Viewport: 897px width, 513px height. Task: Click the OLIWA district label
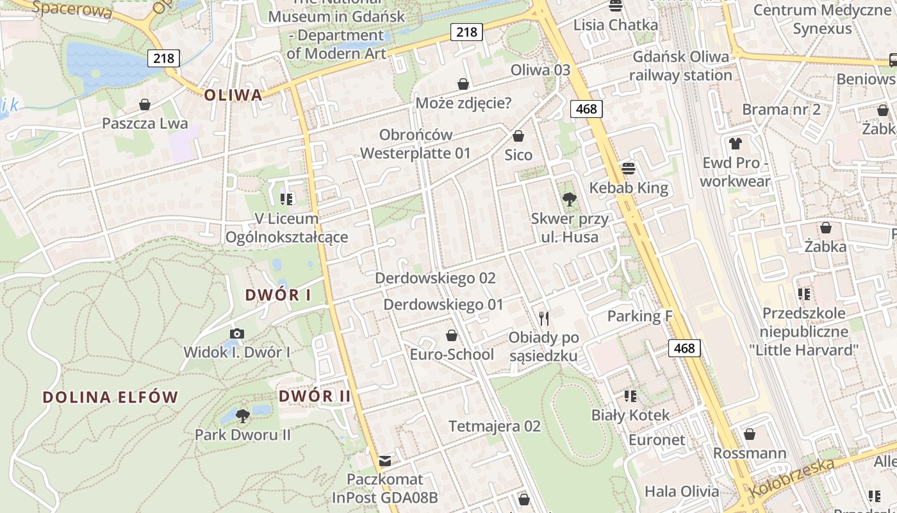click(233, 96)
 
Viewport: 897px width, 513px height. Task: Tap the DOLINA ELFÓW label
click(110, 397)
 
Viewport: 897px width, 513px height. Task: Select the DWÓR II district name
click(315, 396)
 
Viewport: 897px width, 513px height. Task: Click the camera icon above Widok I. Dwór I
click(237, 333)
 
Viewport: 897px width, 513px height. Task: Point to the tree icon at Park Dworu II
click(243, 416)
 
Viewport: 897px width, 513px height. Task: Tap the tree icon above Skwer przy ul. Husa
click(569, 199)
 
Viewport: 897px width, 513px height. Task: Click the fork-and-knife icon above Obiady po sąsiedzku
click(544, 318)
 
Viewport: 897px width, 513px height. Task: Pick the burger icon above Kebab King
click(629, 169)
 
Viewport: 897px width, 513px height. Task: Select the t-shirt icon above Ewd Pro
click(735, 144)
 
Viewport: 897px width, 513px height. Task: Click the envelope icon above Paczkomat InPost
click(385, 460)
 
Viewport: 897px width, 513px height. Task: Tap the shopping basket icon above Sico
click(518, 136)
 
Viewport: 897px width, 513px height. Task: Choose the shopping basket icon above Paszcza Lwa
click(145, 105)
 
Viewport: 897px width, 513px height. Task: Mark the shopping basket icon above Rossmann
click(750, 434)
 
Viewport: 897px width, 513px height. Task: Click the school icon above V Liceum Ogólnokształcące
click(286, 199)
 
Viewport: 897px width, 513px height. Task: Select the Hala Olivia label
click(682, 492)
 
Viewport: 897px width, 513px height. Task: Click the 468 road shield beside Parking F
click(684, 348)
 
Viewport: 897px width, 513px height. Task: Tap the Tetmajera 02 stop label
click(495, 426)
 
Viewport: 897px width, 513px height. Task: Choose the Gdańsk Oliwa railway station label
click(680, 66)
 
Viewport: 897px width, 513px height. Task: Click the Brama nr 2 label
click(781, 110)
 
